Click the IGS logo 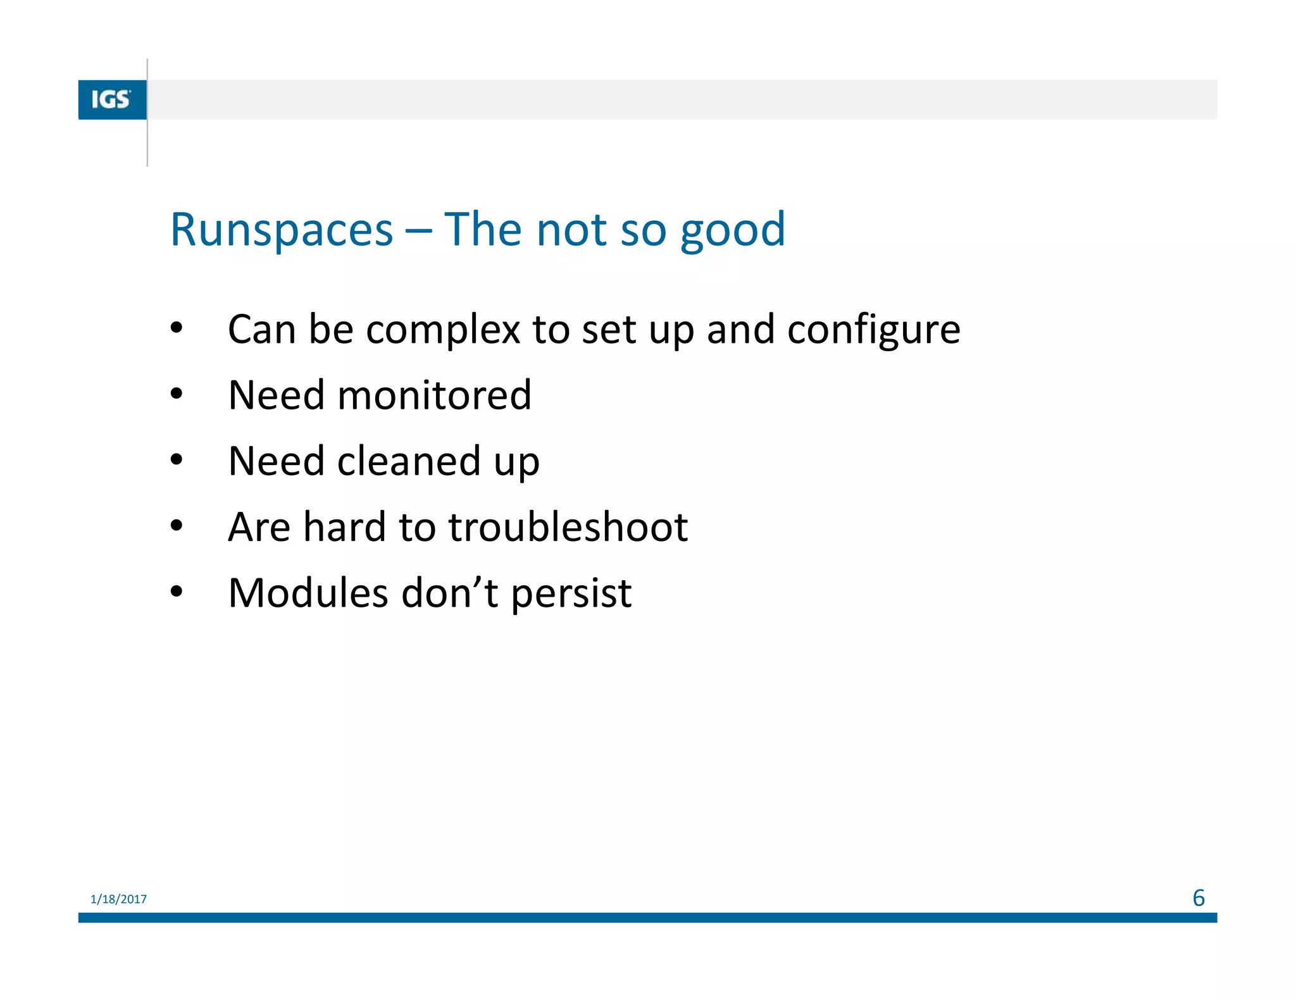pos(112,100)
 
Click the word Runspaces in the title pos(282,230)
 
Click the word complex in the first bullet pos(442,331)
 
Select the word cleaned pos(409,461)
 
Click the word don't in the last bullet pos(449,594)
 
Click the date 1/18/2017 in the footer pos(118,899)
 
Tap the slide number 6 pos(1198,898)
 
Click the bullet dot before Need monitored pos(177,394)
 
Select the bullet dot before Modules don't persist pos(177,592)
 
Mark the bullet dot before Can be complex pos(177,328)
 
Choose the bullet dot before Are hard pos(177,525)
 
